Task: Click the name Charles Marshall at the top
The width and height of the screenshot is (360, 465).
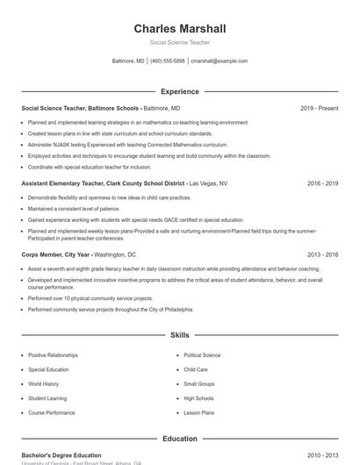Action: [x=180, y=29]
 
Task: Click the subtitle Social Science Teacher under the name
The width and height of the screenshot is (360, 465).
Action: [x=180, y=42]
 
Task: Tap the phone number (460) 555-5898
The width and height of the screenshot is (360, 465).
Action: [x=168, y=61]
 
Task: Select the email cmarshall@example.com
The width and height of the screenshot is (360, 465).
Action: [x=219, y=61]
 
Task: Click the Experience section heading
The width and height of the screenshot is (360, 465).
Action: [x=180, y=91]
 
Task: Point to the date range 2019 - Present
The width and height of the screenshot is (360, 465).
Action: [x=319, y=108]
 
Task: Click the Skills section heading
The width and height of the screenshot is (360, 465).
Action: [x=180, y=335]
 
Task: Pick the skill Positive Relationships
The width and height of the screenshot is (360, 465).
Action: [x=53, y=355]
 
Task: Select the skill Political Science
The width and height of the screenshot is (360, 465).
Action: [x=202, y=355]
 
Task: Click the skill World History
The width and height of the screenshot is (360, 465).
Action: [x=44, y=383]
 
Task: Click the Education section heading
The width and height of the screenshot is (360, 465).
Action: [x=180, y=438]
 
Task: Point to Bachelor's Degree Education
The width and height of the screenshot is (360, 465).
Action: [x=61, y=455]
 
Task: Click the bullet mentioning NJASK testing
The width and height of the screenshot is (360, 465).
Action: [x=127, y=144]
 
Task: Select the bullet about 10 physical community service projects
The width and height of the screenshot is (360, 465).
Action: [x=104, y=299]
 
